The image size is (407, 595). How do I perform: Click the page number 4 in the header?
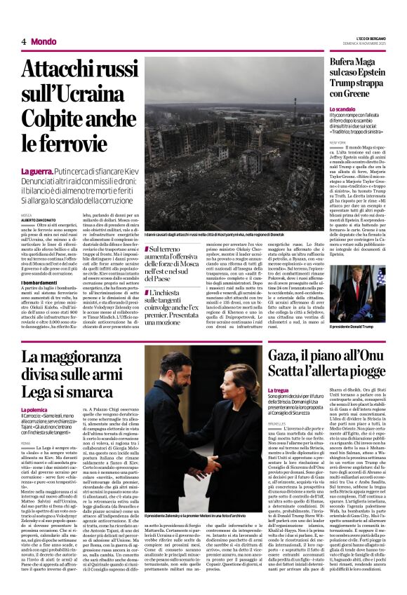(x=23, y=41)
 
